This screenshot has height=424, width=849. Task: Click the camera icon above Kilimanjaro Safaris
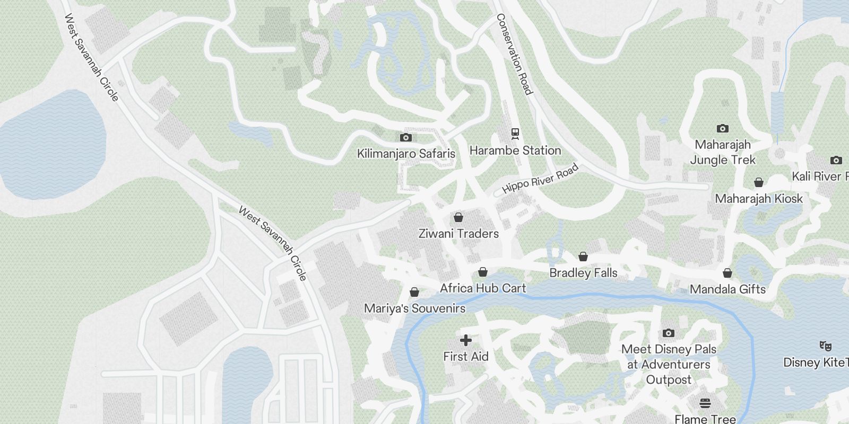point(406,138)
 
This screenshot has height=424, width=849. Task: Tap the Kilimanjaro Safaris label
point(406,154)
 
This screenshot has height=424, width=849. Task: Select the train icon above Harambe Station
point(515,134)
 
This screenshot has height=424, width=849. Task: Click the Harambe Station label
point(515,151)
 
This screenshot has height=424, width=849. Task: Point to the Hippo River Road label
point(540,179)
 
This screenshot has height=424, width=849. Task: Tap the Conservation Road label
point(514,54)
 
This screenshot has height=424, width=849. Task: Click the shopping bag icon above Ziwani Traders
point(458,217)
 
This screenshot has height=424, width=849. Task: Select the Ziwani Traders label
point(458,234)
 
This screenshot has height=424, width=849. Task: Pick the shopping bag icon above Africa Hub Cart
point(483,272)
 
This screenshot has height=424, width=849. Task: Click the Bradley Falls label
point(583,273)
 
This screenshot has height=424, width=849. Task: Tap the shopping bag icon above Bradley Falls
point(583,257)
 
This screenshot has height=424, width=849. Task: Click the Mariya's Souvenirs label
point(414,308)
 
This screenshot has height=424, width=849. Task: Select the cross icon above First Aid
point(466,340)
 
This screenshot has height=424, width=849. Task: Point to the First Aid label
point(466,357)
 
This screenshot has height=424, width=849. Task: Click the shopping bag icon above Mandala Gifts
point(727,273)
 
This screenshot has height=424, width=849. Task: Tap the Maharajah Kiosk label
point(759,199)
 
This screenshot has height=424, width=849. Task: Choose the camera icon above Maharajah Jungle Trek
point(722,128)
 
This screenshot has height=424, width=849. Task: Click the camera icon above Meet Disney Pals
point(669,333)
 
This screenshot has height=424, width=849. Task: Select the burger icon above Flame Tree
point(705,403)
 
